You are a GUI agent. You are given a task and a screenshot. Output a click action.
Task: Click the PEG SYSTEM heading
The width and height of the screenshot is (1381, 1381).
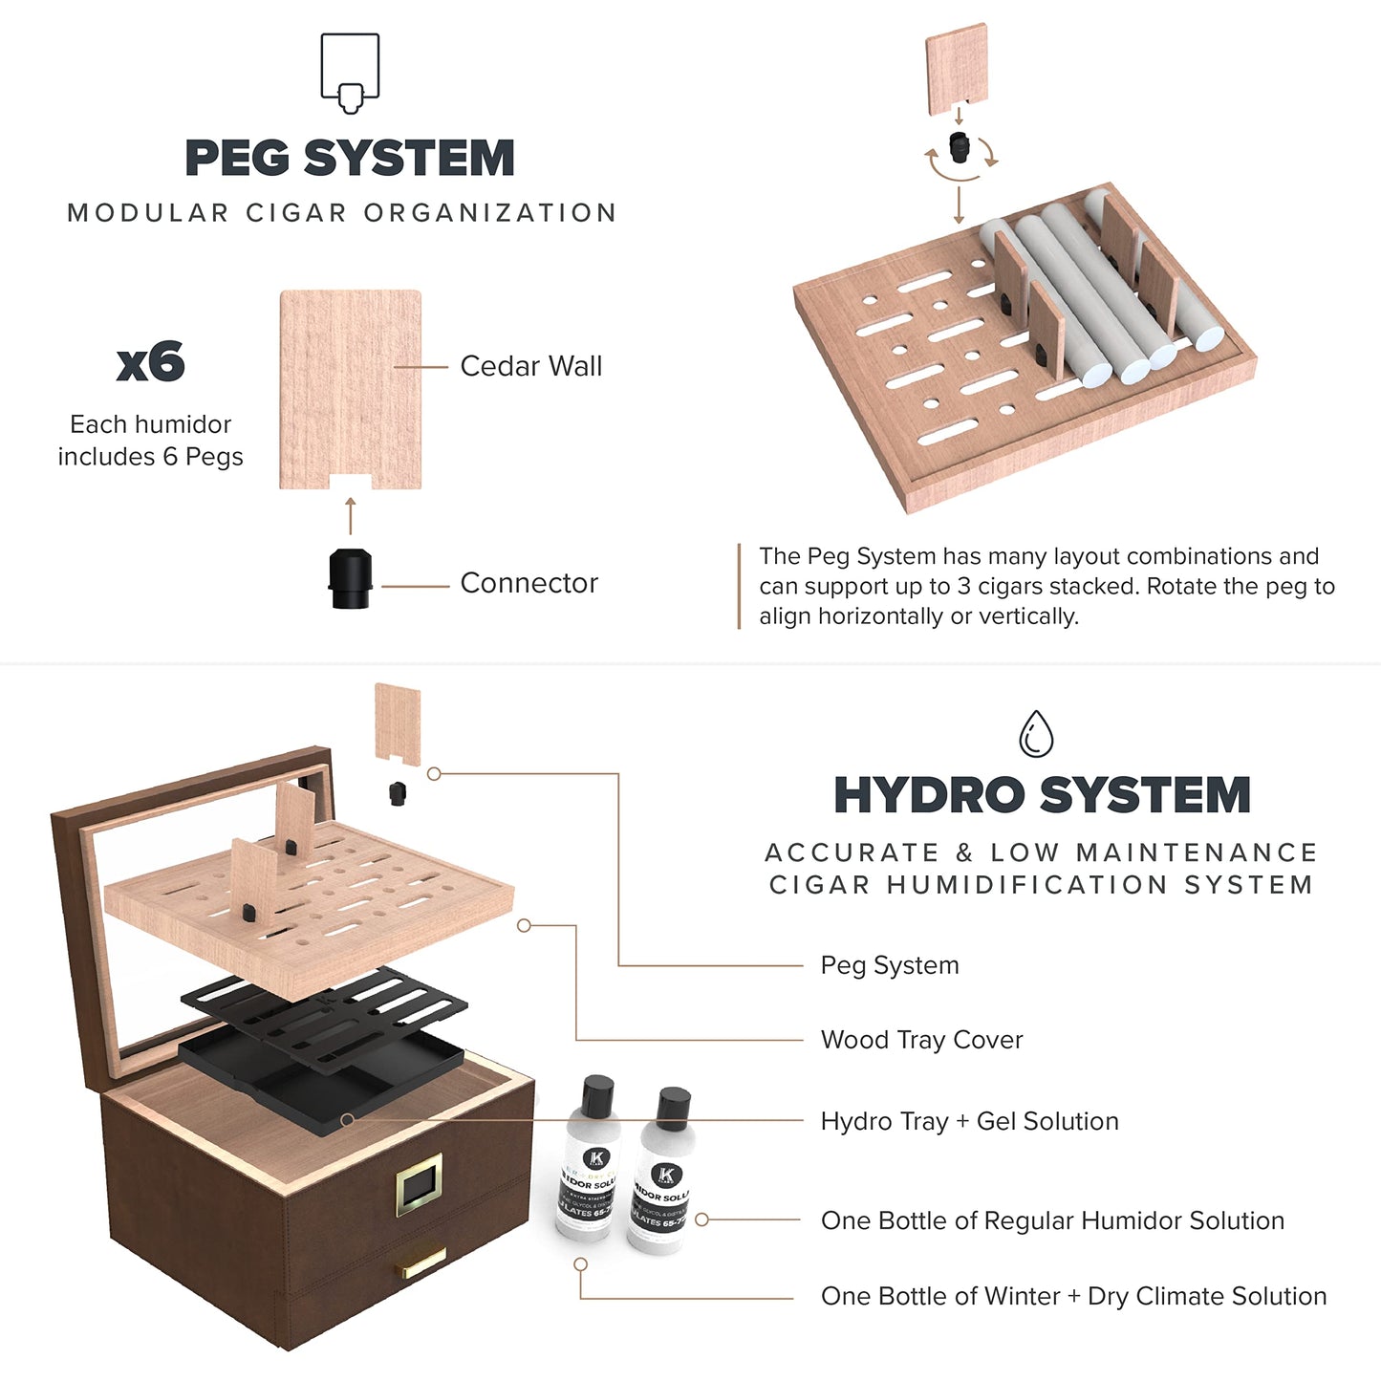point(349,159)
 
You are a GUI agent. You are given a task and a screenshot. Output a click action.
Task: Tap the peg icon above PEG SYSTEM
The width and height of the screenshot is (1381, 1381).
point(350,73)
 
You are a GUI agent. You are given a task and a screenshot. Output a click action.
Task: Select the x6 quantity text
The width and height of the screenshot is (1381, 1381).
point(150,363)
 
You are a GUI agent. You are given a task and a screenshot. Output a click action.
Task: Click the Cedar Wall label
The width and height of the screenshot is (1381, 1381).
point(530,366)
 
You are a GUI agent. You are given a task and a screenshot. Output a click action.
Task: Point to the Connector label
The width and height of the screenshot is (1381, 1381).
point(529,583)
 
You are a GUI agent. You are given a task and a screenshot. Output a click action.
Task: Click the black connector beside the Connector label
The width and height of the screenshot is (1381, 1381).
point(350,578)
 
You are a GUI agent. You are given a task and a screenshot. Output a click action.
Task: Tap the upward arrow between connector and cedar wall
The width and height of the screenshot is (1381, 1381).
point(351,516)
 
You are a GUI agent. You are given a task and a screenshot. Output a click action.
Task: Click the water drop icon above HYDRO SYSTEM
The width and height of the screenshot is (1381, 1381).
point(1036,734)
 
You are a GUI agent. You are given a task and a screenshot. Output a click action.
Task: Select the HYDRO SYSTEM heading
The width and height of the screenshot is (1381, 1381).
point(1042,795)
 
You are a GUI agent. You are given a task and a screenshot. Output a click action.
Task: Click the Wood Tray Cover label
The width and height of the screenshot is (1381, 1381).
point(921,1040)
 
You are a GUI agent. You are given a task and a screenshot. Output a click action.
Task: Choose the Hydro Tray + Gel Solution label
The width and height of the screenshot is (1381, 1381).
point(969,1121)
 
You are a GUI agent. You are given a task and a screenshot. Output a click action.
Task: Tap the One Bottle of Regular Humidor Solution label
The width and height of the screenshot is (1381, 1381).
point(1052,1220)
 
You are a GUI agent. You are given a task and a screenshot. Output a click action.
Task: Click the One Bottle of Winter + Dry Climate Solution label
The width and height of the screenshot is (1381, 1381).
point(1073,1296)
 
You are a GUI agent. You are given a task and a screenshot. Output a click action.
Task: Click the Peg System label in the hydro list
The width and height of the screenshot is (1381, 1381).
point(889,965)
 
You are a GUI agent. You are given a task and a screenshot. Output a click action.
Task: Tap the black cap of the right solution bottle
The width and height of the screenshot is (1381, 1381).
point(675,1103)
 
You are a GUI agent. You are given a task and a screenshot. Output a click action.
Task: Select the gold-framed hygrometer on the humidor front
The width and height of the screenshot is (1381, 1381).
point(420,1185)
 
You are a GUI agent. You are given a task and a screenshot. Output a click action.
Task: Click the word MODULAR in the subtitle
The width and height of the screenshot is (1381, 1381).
point(148,213)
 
